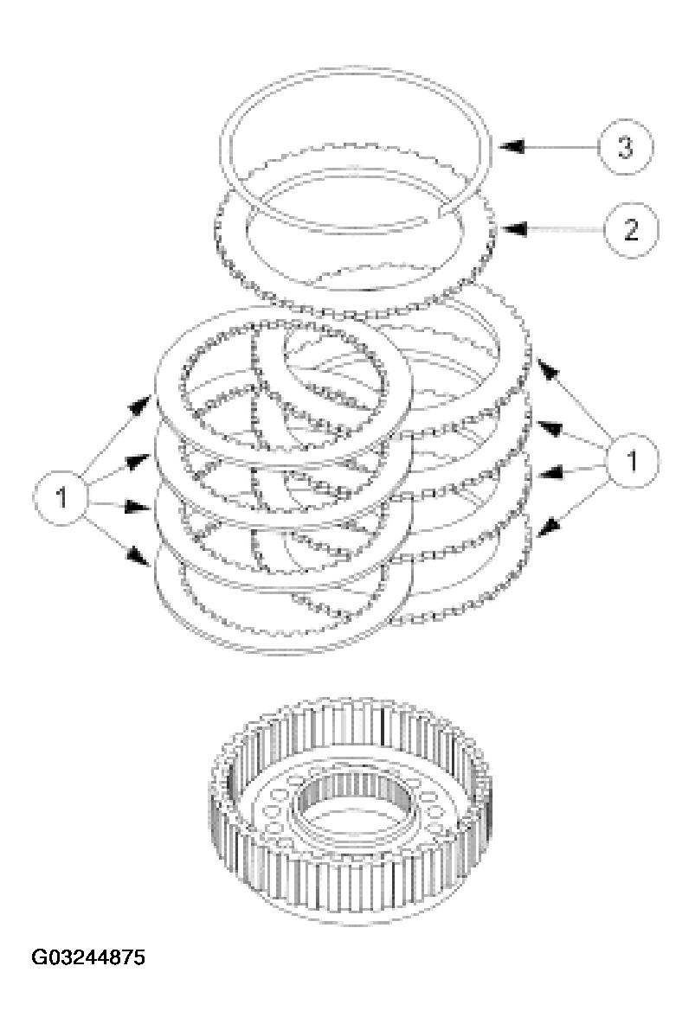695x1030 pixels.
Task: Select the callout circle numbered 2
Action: (629, 229)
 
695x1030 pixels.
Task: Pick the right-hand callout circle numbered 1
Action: (632, 461)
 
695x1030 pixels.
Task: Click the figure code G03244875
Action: (88, 957)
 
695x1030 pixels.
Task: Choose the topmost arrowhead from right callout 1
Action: (544, 368)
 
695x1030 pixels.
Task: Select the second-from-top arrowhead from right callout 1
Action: (545, 425)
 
